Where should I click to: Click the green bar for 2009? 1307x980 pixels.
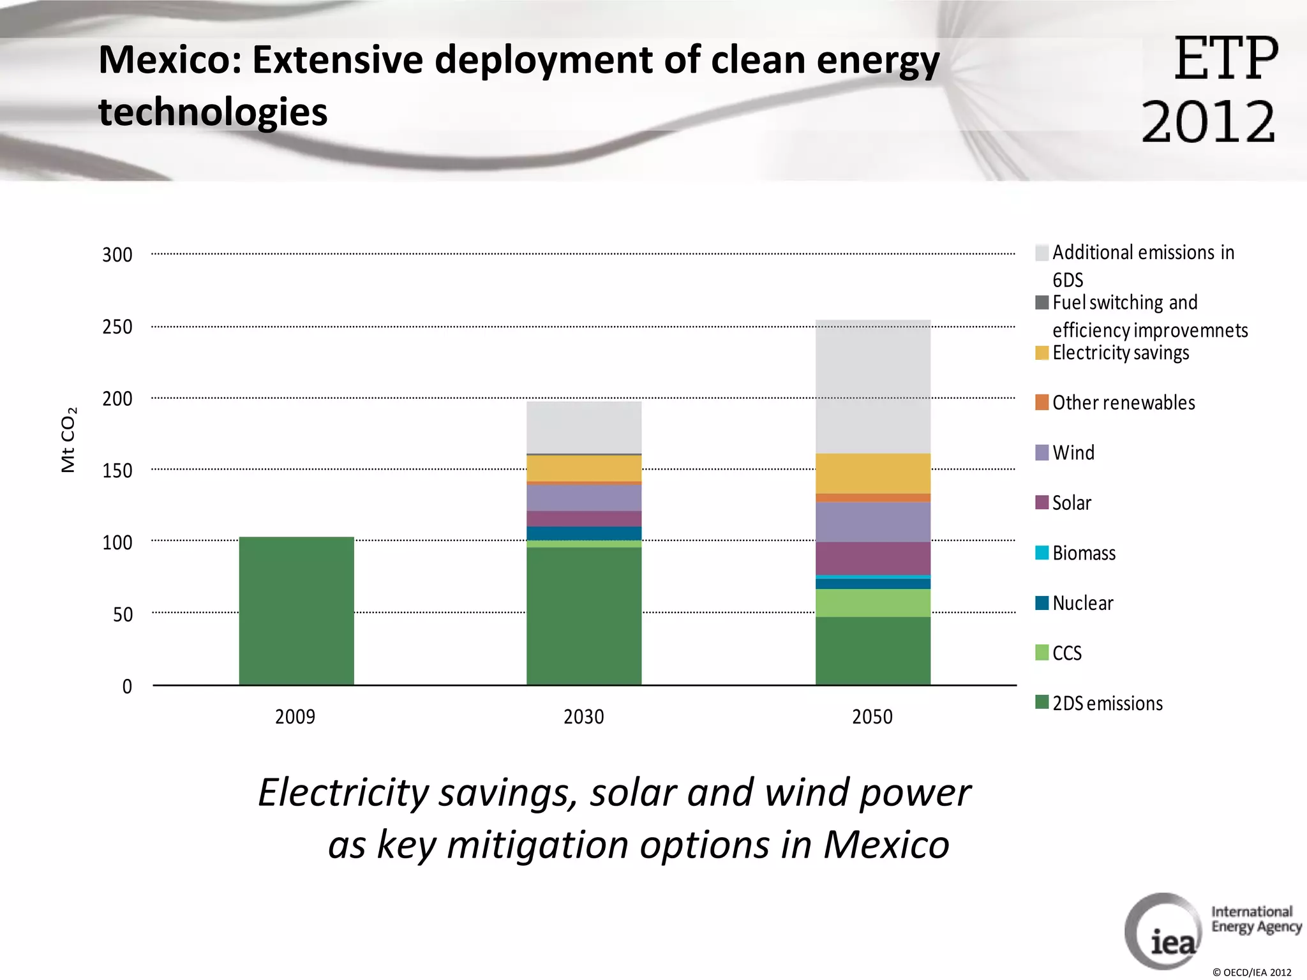pos(296,611)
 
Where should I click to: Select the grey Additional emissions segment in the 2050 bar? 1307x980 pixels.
pos(872,386)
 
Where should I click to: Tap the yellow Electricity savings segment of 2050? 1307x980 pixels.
pos(872,473)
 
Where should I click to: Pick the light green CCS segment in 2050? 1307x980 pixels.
pos(872,602)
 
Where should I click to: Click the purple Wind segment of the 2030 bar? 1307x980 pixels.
pos(583,497)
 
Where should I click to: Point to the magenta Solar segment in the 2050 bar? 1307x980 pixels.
pos(872,558)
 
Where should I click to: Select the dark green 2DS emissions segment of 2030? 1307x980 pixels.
pos(583,616)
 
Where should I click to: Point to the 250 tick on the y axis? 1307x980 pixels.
pos(117,327)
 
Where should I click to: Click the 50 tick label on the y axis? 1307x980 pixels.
pos(123,614)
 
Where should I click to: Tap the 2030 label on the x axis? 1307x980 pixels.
pos(583,716)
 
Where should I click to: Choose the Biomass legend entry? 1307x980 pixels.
pos(1084,553)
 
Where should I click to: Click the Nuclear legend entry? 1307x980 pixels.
pos(1082,603)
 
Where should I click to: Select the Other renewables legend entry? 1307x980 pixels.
pos(1123,403)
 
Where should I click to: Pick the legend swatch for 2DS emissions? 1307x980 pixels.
pos(1042,702)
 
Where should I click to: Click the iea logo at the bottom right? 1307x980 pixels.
pos(1164,932)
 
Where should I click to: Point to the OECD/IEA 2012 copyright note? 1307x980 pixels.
pos(1251,972)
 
